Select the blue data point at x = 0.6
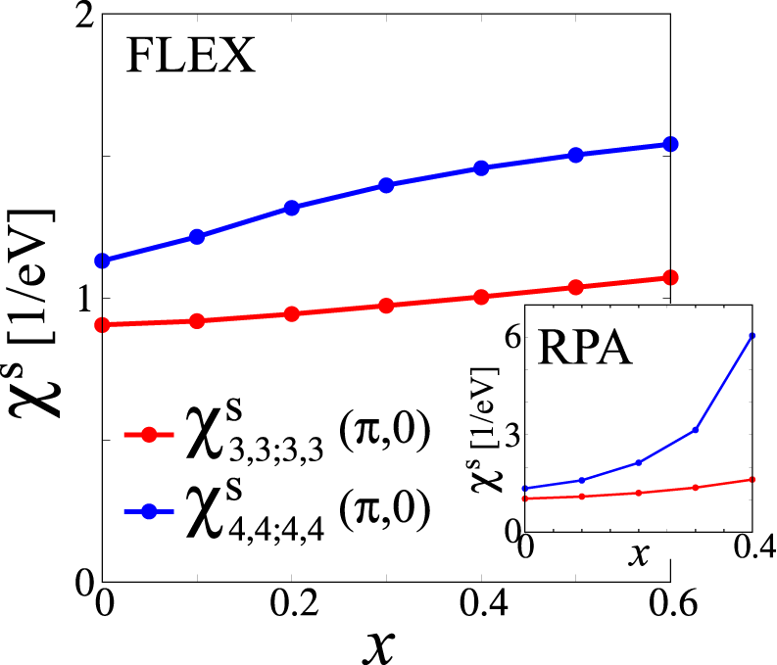point(670,144)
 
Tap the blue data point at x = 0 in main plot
point(102,261)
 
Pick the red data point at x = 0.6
point(670,278)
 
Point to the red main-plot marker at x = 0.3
point(386,306)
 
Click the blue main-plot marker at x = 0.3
point(386,185)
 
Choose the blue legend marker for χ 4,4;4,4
point(149,509)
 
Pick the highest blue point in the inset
point(753,336)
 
